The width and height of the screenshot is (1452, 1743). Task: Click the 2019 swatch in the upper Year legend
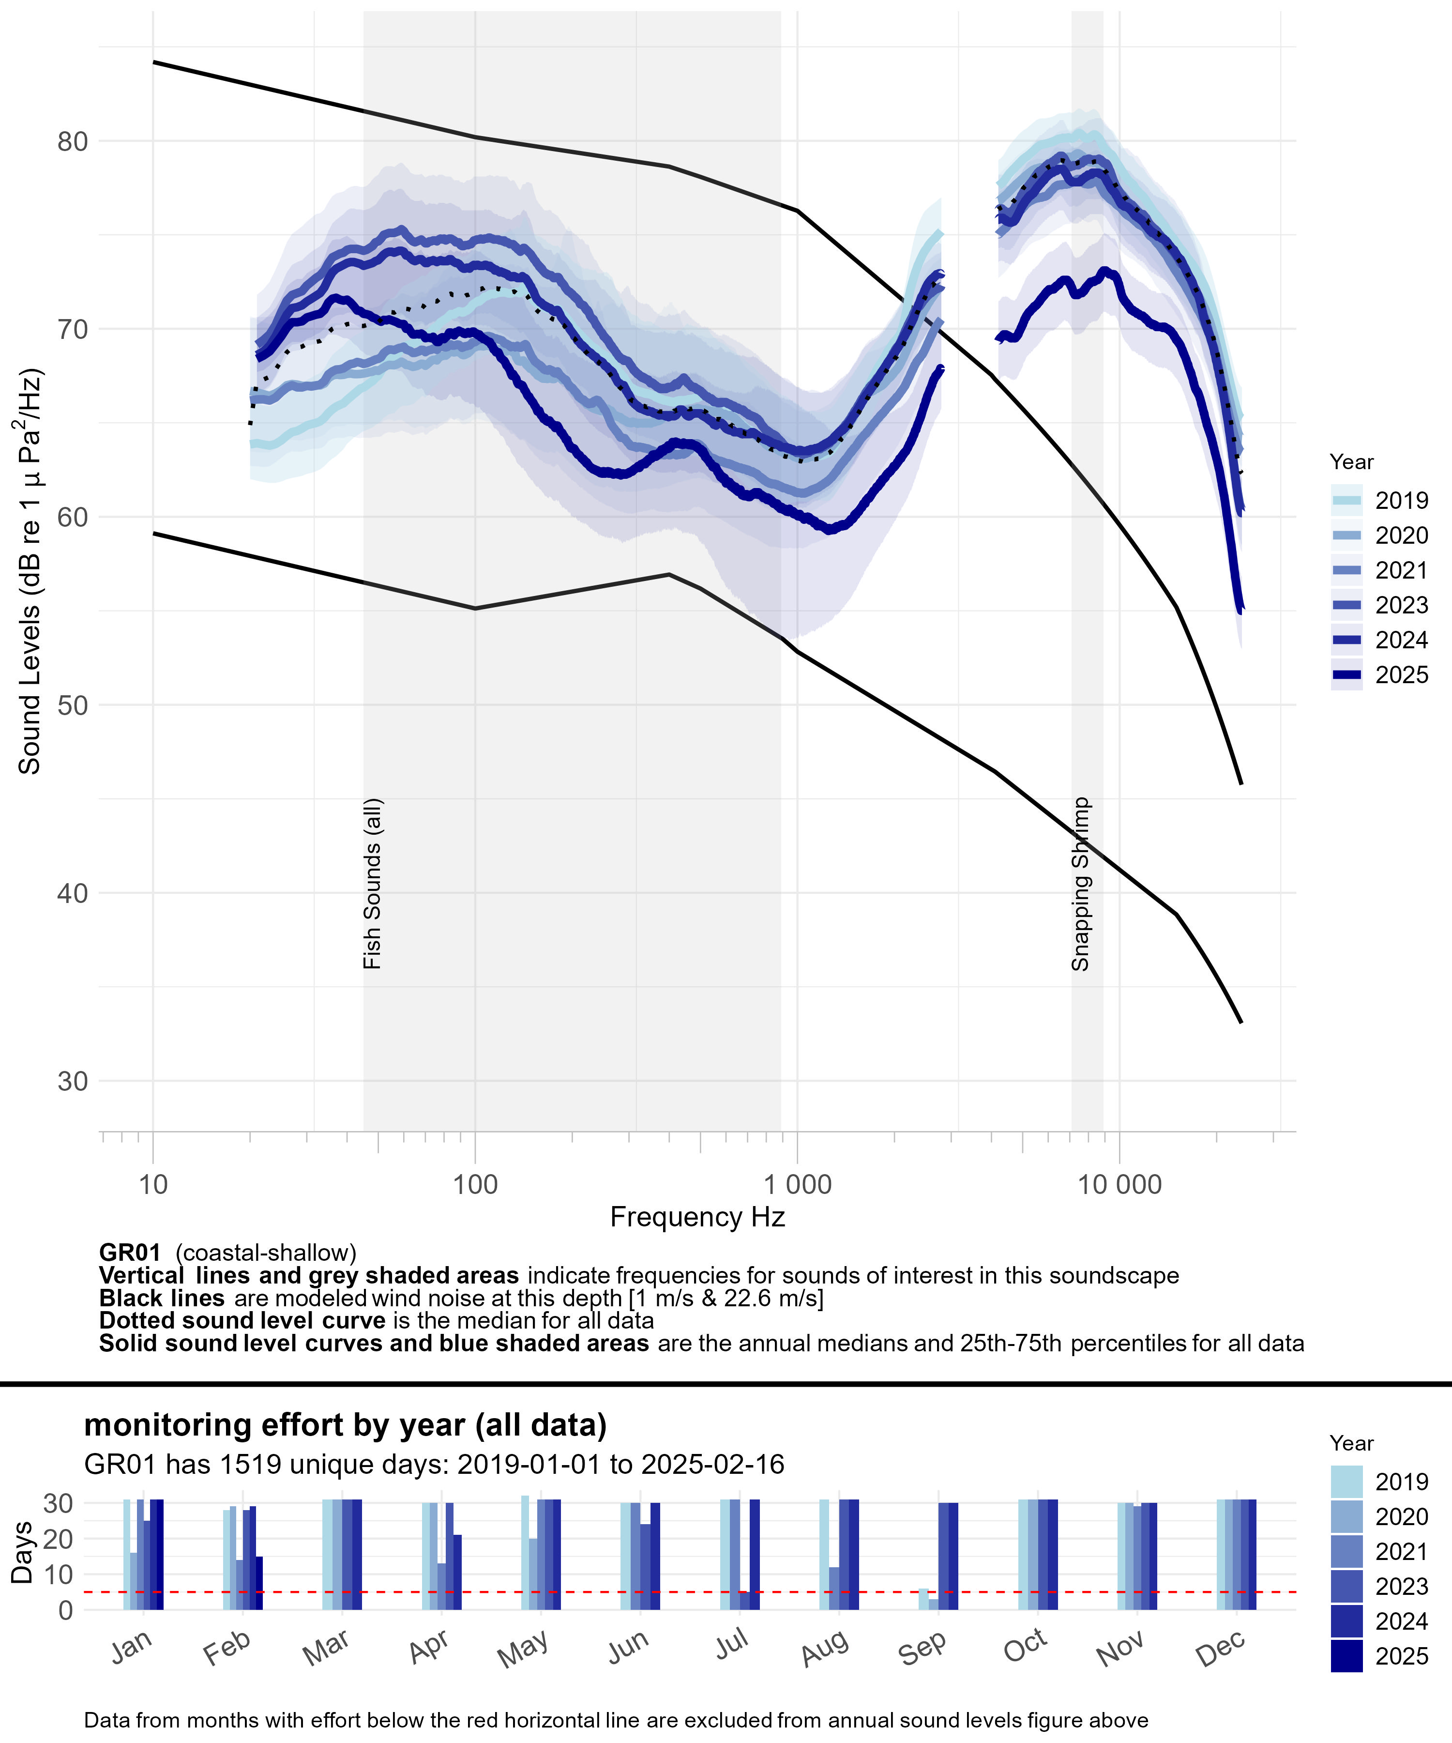coord(1346,501)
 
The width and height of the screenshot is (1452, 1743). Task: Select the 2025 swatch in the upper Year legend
coord(1346,675)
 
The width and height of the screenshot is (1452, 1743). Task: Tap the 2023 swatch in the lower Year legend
coord(1346,1586)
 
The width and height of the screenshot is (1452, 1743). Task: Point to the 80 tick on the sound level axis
coord(73,141)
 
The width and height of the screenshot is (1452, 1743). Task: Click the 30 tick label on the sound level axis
coord(73,1082)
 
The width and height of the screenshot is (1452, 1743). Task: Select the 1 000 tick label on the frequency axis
coord(797,1184)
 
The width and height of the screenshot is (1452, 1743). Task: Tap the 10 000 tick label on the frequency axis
coord(1119,1184)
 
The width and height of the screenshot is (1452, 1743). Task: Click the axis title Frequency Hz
coord(697,1218)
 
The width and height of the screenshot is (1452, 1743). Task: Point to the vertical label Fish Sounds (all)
coord(373,884)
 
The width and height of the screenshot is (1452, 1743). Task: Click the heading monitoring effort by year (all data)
coord(345,1424)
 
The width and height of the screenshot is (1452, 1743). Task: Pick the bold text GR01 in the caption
coord(129,1253)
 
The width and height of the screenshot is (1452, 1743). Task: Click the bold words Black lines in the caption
coord(162,1298)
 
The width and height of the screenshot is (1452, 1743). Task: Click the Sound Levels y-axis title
coord(30,573)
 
